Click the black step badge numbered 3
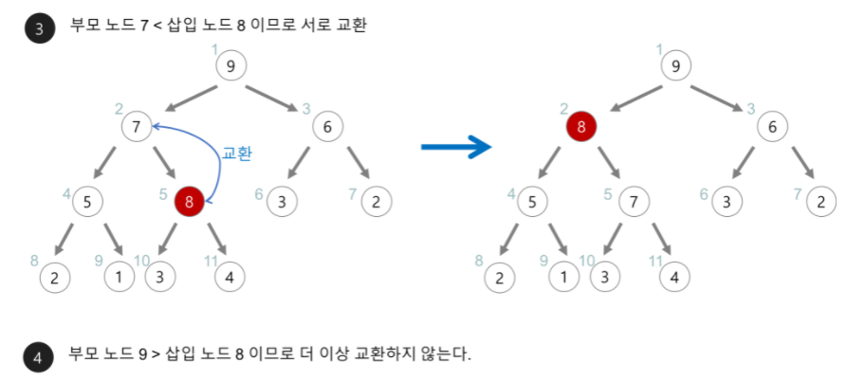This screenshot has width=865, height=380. pos(39,28)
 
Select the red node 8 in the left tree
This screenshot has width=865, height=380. pos(190,201)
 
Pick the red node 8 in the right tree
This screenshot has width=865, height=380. pos(580,126)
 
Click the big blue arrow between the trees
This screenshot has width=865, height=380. pos(456,147)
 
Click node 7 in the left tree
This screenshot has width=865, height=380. pos(137,126)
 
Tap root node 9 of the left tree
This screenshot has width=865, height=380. pos(230,65)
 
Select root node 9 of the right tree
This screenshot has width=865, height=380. pos(675,65)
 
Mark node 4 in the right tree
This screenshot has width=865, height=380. pos(674,278)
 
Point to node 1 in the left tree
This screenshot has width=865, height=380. pos(119,278)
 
